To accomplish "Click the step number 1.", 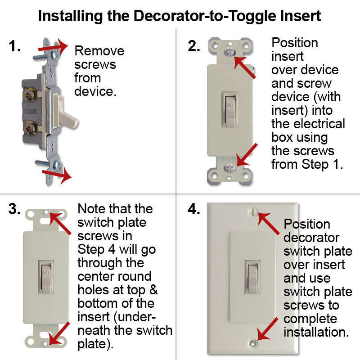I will [14, 46].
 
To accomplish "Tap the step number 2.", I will [194, 46].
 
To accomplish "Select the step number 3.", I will [14, 209].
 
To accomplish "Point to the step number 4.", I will [194, 210].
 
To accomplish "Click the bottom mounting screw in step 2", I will [229, 169].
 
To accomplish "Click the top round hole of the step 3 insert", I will [46, 211].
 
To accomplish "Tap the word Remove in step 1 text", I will [99, 50].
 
